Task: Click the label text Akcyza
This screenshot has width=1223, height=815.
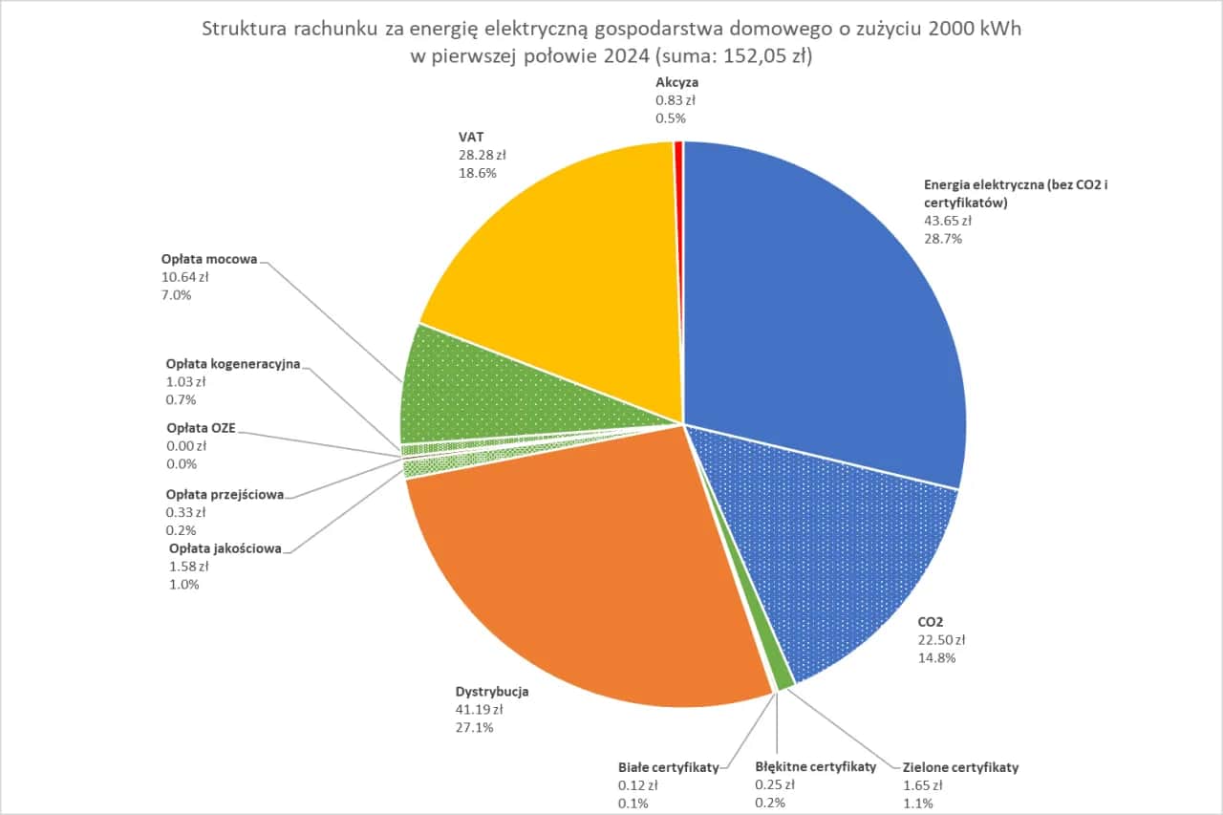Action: point(676,83)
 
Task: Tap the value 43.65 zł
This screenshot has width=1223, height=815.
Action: point(947,221)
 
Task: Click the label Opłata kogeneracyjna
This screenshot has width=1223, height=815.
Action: point(233,364)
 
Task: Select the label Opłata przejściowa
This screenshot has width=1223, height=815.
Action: point(225,495)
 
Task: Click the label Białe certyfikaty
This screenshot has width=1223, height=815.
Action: point(668,767)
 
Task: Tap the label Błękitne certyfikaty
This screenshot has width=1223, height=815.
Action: point(815,767)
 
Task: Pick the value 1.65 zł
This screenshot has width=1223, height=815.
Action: point(923,785)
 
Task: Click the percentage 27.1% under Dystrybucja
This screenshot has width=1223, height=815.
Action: point(475,728)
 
